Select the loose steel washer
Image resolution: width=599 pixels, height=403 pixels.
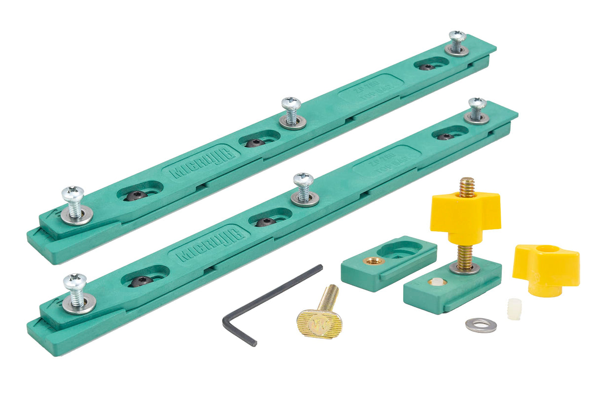point(481,325)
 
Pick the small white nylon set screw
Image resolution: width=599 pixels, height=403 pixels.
point(514,309)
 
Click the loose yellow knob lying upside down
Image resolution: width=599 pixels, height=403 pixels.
point(545,269)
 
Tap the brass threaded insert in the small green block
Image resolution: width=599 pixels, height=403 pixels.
point(373,260)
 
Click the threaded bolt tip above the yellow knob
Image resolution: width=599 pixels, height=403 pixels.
point(466,187)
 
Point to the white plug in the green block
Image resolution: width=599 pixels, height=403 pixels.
point(436,282)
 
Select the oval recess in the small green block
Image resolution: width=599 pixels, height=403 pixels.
point(400,249)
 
